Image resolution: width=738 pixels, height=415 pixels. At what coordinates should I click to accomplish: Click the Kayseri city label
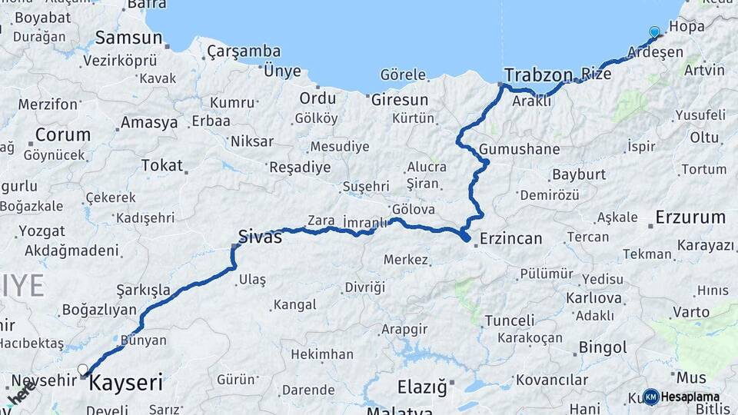(x=126, y=382)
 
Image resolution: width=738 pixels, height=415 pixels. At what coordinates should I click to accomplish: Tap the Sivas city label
(x=260, y=237)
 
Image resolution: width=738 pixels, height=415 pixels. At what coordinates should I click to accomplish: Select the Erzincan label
(x=510, y=239)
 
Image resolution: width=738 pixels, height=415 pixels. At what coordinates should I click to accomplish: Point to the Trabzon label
(x=538, y=75)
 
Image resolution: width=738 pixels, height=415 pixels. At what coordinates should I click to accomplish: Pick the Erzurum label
(x=690, y=217)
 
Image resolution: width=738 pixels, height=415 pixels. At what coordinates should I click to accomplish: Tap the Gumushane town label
(x=519, y=149)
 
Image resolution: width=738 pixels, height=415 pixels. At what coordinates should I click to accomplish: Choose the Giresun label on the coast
(x=400, y=100)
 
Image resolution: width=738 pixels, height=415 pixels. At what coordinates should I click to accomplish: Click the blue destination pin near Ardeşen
(x=654, y=32)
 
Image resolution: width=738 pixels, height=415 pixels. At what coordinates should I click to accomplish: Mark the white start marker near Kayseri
(x=83, y=370)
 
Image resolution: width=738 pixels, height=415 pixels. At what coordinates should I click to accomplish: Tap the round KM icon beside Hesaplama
(x=650, y=397)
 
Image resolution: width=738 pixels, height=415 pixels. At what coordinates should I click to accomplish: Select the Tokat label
(x=162, y=165)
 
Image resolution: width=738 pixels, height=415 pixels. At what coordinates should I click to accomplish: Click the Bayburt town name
(x=579, y=174)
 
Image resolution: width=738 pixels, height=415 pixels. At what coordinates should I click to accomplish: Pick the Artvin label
(x=703, y=71)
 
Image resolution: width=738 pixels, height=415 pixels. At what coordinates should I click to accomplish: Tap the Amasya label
(x=149, y=122)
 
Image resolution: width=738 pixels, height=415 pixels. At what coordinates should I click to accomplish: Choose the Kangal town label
(x=294, y=305)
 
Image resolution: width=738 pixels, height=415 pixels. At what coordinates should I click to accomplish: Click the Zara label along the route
(x=321, y=221)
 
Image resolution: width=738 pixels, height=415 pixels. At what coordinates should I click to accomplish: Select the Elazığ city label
(x=421, y=387)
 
